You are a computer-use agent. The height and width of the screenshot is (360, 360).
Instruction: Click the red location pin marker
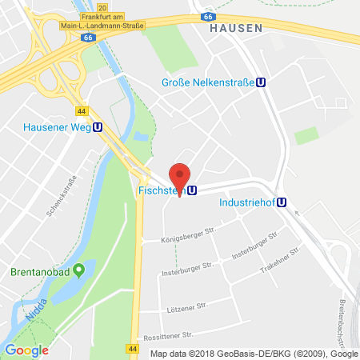pos(182,176)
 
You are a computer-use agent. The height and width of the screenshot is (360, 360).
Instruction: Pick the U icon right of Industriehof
pos(282,202)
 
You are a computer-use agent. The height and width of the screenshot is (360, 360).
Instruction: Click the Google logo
pos(26,350)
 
